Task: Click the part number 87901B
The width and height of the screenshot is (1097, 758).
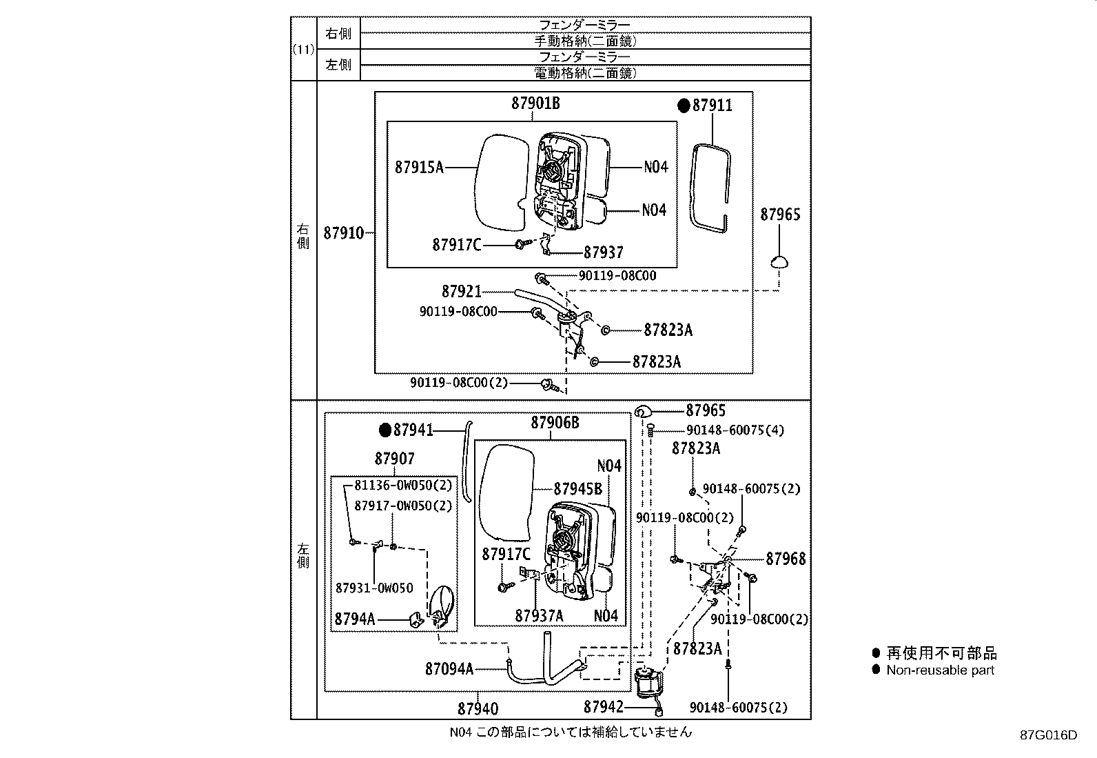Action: click(535, 103)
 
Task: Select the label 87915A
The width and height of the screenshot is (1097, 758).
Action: click(420, 167)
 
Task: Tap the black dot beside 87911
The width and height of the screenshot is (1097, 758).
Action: click(684, 106)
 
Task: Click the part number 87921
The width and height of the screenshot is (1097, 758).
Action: click(461, 292)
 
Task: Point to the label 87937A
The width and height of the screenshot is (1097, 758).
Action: click(539, 615)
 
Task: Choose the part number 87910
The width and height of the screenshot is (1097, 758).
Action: click(343, 233)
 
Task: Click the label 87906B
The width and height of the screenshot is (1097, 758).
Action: click(555, 423)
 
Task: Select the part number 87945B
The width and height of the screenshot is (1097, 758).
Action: click(578, 489)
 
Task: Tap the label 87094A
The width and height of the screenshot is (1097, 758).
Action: click(449, 668)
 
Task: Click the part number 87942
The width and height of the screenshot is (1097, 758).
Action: click(603, 707)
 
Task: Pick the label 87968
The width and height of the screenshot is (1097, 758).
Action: click(786, 559)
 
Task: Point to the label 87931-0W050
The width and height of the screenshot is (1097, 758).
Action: click(375, 588)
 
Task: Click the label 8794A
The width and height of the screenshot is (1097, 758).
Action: click(354, 619)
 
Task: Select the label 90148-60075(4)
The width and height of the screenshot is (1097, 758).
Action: click(735, 430)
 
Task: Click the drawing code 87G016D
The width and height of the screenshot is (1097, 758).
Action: click(1048, 735)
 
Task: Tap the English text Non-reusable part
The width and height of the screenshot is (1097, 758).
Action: click(940, 670)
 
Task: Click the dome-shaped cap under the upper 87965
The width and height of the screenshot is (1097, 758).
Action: click(779, 261)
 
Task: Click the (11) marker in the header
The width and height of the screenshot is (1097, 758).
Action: click(303, 49)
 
